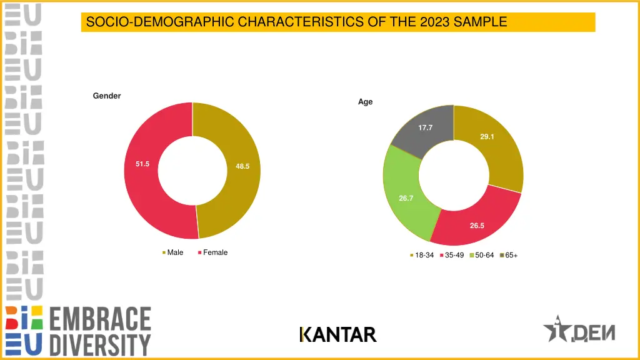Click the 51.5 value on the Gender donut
click(142, 164)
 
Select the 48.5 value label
click(242, 166)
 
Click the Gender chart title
click(107, 96)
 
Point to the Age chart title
click(365, 102)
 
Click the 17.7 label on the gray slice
click(426, 127)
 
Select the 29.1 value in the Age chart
click(487, 137)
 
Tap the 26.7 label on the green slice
click(406, 198)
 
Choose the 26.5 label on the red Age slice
click(477, 226)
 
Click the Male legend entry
click(174, 252)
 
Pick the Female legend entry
click(214, 252)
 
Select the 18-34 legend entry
click(423, 255)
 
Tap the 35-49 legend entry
click(454, 255)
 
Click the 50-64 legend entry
click(484, 255)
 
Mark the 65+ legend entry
click(511, 255)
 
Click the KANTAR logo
click(337, 335)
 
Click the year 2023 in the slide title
click(436, 22)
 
